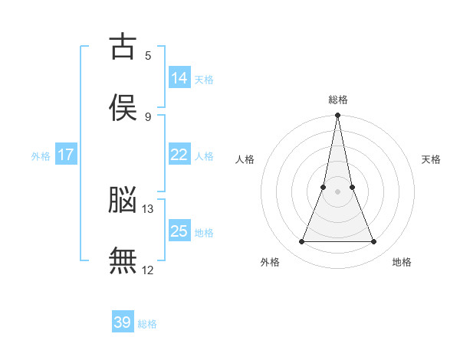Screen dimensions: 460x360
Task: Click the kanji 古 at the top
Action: click(x=123, y=46)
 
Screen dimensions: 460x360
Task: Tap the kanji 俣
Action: click(x=123, y=107)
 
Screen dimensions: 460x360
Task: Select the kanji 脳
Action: click(x=123, y=199)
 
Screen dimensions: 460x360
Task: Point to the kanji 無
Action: click(x=123, y=260)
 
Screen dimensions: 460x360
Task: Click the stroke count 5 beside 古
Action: click(x=148, y=56)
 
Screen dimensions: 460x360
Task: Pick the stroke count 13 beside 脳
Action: click(x=147, y=209)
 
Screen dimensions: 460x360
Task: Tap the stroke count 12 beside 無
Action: click(x=147, y=270)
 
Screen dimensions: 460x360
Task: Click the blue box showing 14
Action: click(x=180, y=77)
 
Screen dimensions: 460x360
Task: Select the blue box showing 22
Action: click(x=180, y=154)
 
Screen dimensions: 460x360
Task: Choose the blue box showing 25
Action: click(x=180, y=230)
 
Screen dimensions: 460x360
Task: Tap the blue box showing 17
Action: click(x=66, y=154)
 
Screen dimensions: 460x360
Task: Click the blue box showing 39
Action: click(x=123, y=321)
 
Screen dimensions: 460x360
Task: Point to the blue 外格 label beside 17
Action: click(x=41, y=156)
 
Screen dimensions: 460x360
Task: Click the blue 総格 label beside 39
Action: click(x=147, y=324)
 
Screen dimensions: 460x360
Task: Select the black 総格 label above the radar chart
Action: click(x=338, y=100)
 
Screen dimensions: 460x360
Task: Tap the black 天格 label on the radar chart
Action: click(x=431, y=159)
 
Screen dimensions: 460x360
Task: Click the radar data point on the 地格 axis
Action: click(x=374, y=241)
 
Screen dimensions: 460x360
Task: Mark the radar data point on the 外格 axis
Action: click(x=302, y=241)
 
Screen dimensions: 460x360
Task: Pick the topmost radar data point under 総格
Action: click(x=337, y=115)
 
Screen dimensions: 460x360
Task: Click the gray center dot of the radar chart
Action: click(x=337, y=191)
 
